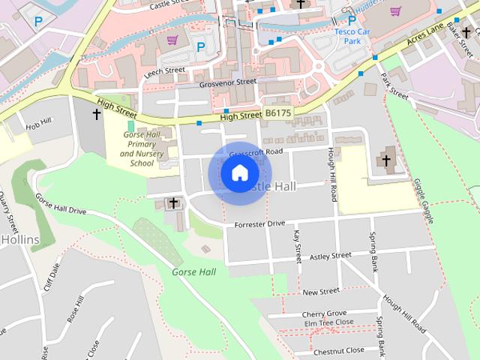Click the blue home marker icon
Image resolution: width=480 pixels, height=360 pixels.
coord(239,173)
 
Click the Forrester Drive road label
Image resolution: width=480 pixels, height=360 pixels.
coord(259,223)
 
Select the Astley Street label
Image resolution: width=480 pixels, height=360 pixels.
coord(330,256)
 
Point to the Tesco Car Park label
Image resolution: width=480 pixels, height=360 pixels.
coord(352,35)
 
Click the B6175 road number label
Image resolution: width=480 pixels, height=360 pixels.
coord(277,112)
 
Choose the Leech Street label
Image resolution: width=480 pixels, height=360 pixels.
coord(164,70)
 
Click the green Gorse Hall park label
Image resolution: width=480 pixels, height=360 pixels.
coord(193,271)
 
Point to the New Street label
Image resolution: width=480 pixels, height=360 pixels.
coord(322,291)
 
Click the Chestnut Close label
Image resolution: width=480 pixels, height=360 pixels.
coord(339,350)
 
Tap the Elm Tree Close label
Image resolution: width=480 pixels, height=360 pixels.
coord(328,322)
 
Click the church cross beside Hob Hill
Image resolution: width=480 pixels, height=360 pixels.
coord(96,115)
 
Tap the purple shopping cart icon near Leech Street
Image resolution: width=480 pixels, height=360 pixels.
coord(172,40)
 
